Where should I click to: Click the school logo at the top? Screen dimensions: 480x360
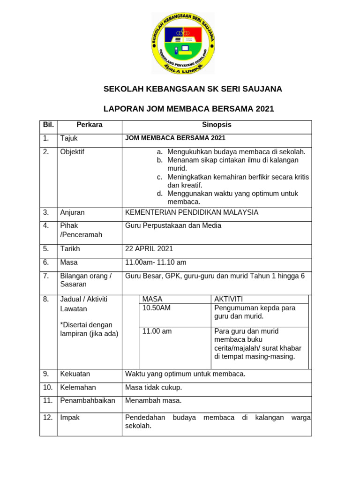[183, 43]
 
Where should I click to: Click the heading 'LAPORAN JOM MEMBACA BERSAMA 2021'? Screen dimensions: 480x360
[188, 109]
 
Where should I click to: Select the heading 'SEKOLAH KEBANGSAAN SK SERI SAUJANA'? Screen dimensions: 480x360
[192, 89]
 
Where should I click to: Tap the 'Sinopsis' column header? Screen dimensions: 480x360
[217, 125]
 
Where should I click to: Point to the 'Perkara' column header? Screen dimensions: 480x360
[90, 125]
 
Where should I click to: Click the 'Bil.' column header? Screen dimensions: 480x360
[48, 125]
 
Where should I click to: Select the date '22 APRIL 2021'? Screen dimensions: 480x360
[149, 248]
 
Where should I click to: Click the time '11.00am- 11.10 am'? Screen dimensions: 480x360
[156, 262]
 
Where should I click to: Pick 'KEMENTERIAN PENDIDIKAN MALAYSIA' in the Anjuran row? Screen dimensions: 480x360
[192, 212]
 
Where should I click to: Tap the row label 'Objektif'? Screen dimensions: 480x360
[72, 152]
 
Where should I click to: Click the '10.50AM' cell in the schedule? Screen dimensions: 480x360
[157, 308]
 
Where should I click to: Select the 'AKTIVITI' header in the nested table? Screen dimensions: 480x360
[228, 299]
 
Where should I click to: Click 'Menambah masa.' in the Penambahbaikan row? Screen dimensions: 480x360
[153, 401]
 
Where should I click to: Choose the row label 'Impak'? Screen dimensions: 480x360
[70, 417]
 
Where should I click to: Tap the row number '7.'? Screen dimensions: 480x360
[46, 276]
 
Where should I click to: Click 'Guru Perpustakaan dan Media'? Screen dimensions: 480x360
[173, 226]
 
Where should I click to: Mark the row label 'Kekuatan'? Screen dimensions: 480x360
[75, 374]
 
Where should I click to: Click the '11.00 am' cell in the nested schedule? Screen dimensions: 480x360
[157, 331]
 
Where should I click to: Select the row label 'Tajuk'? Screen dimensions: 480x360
[69, 138]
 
